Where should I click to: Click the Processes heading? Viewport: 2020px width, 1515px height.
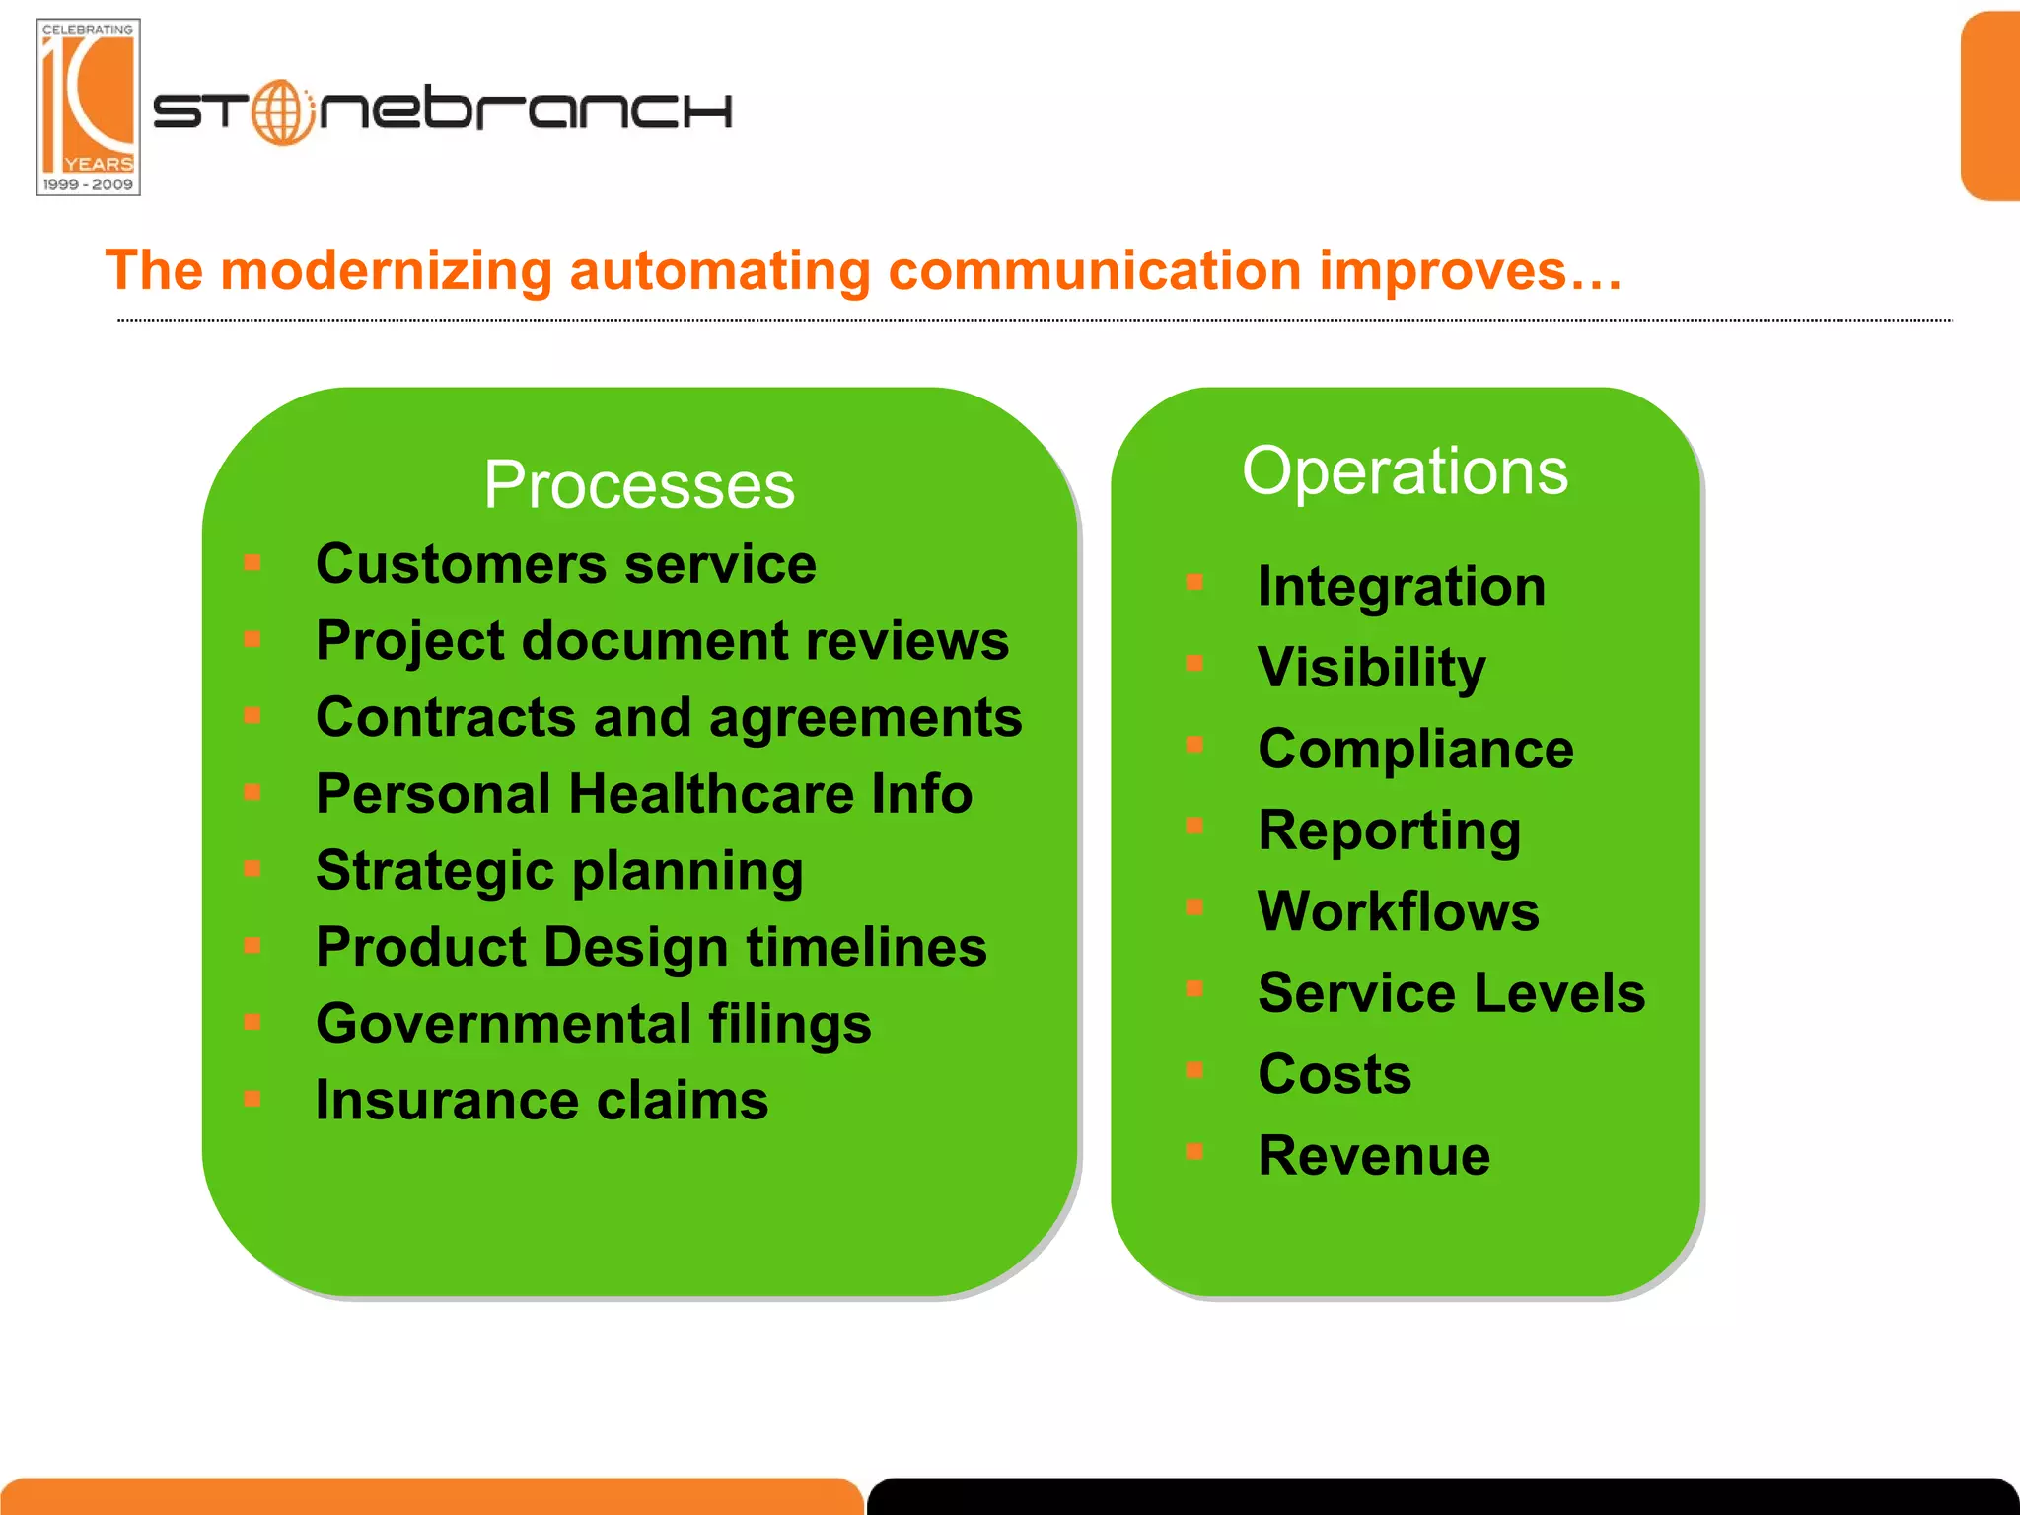(x=639, y=485)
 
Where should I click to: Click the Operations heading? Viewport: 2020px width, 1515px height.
(x=1405, y=470)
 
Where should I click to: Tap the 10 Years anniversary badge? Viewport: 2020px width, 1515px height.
(x=88, y=107)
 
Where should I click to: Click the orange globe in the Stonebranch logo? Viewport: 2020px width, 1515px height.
(x=282, y=111)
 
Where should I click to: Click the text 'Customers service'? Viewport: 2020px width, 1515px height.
(x=565, y=564)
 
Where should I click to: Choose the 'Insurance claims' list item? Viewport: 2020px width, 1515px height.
(x=541, y=1100)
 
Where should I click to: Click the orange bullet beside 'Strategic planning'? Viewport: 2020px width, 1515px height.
(x=252, y=869)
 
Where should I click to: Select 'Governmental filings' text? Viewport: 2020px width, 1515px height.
(x=593, y=1023)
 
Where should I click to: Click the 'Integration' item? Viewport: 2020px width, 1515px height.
(x=1401, y=587)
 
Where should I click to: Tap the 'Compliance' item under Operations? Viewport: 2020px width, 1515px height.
(x=1415, y=749)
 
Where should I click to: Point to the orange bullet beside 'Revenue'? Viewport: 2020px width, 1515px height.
(x=1194, y=1151)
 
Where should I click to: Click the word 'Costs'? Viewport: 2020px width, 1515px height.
(x=1335, y=1074)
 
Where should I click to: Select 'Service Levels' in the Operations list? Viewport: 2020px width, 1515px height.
(x=1451, y=992)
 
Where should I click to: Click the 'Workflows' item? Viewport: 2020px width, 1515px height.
(x=1398, y=911)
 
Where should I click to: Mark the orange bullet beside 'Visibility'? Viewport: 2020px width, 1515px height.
(x=1194, y=664)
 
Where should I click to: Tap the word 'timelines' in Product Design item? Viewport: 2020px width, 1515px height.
(x=866, y=947)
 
